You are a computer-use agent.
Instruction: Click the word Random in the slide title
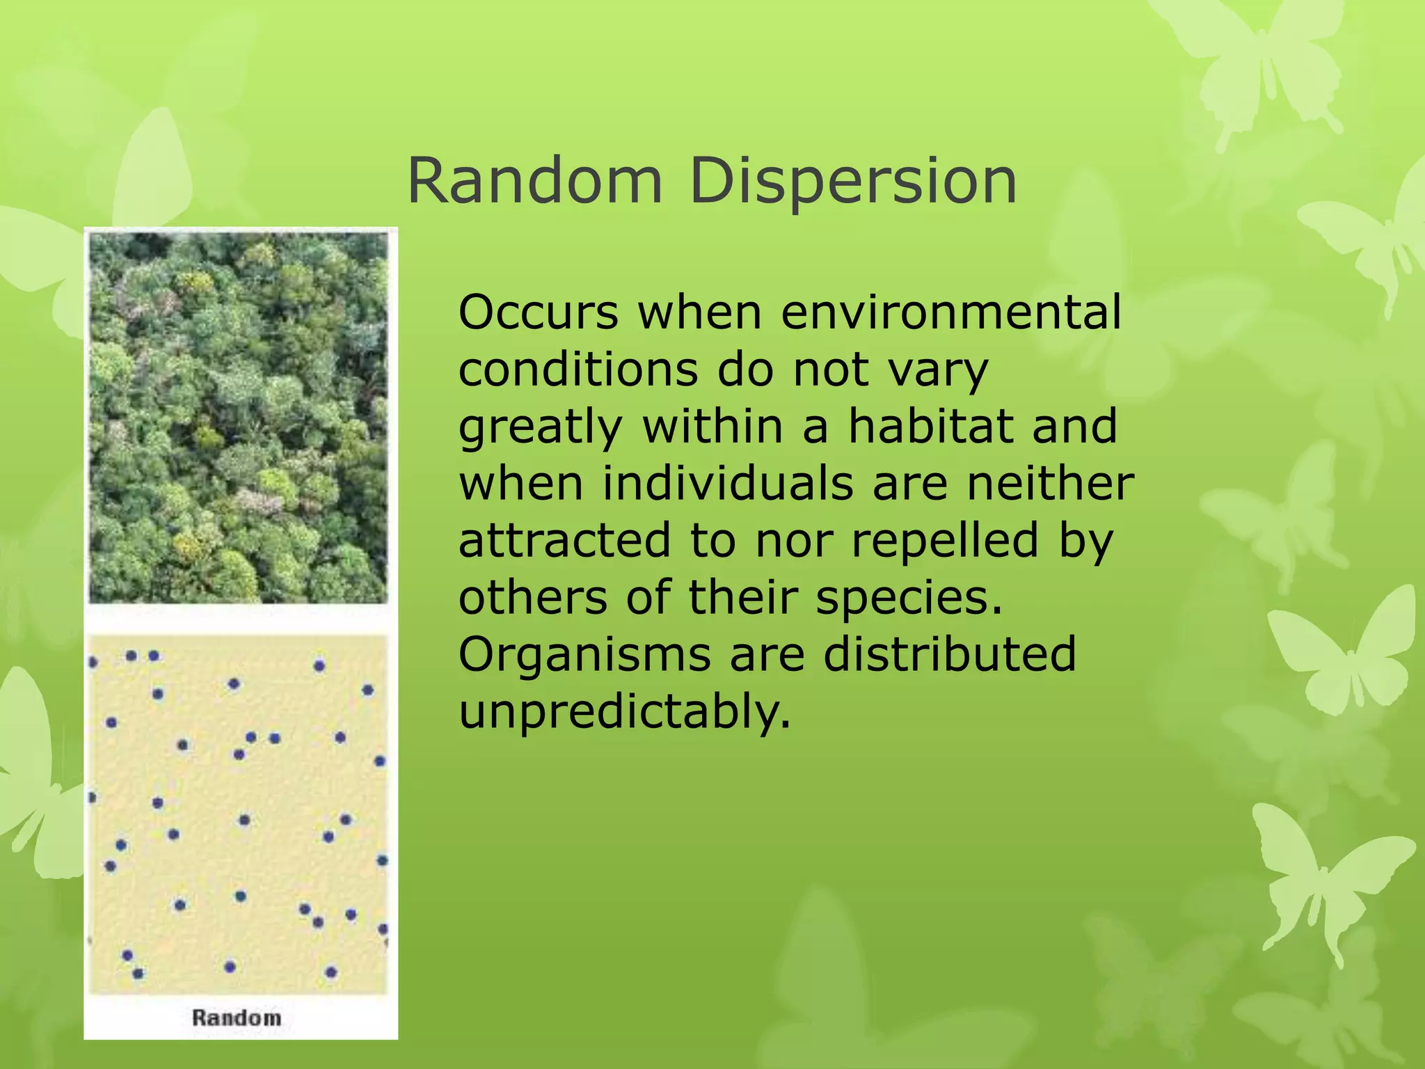pyautogui.click(x=534, y=181)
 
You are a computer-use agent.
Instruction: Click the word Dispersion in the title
pyautogui.click(x=853, y=182)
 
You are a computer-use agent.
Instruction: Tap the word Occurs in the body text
pyautogui.click(x=538, y=312)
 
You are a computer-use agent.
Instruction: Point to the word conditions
pyautogui.click(x=578, y=370)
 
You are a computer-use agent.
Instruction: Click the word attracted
pyautogui.click(x=564, y=541)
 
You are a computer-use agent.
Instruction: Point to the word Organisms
pyautogui.click(x=584, y=656)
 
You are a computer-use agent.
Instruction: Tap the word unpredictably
pyautogui.click(x=624, y=713)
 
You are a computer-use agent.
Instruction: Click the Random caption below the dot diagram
pyautogui.click(x=237, y=1017)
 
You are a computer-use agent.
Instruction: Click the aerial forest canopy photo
pyautogui.click(x=238, y=418)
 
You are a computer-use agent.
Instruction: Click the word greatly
pyautogui.click(x=540, y=428)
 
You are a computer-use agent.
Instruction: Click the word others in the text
pyautogui.click(x=532, y=597)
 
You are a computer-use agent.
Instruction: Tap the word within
pyautogui.click(x=712, y=427)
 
